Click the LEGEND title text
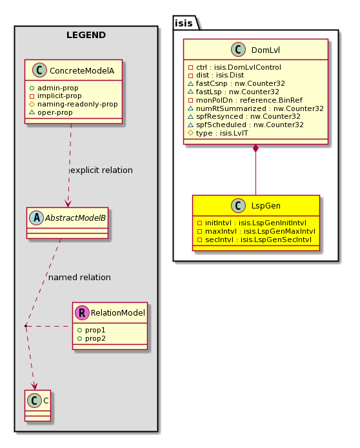(86, 35)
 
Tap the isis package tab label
(183, 23)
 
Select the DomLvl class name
(266, 50)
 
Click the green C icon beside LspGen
(238, 205)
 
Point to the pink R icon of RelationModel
(82, 312)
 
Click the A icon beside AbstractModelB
(37, 218)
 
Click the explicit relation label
(101, 170)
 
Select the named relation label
(79, 277)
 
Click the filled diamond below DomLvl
(255, 148)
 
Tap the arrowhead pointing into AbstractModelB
(68, 203)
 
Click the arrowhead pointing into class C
(35, 386)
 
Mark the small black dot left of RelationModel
(26, 326)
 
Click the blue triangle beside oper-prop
(32, 112)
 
